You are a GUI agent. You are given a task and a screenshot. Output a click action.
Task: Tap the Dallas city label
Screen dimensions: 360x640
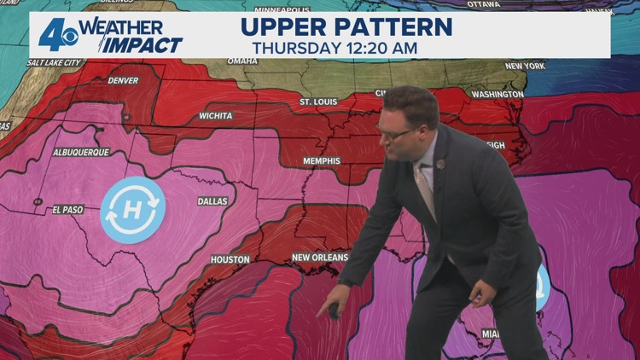click(212, 202)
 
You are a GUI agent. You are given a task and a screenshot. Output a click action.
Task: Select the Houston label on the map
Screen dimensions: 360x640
click(230, 259)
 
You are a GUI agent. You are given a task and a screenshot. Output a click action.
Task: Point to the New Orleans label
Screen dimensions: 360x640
click(320, 257)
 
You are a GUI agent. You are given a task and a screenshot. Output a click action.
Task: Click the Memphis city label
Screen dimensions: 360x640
click(321, 160)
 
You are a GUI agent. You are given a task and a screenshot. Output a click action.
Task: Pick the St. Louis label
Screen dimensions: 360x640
click(318, 102)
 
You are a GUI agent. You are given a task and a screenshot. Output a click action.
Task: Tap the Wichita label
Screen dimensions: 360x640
click(216, 114)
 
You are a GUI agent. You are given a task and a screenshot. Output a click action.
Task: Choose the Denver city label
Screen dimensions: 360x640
click(123, 81)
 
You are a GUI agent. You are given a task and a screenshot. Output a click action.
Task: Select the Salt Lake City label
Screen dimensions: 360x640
click(55, 62)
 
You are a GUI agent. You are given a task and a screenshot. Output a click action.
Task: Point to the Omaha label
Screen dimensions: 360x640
click(242, 61)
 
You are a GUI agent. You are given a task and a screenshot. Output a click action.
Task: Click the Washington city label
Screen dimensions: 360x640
click(497, 94)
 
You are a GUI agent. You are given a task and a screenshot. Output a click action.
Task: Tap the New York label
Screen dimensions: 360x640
click(525, 66)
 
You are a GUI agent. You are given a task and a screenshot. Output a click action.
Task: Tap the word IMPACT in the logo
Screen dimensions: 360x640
click(144, 44)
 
